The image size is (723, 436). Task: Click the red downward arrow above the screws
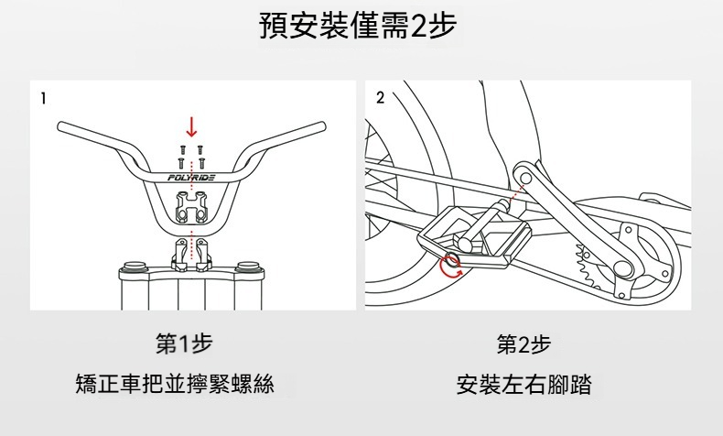(x=191, y=126)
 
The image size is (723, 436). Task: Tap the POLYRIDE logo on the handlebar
(x=192, y=178)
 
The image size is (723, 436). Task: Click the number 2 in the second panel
(x=381, y=96)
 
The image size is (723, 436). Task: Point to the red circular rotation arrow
(x=449, y=266)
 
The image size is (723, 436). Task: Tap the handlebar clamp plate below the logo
(x=191, y=208)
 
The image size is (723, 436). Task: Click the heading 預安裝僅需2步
(x=361, y=29)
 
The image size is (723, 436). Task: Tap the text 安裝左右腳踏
(x=523, y=384)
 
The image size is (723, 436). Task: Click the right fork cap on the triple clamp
(x=248, y=267)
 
